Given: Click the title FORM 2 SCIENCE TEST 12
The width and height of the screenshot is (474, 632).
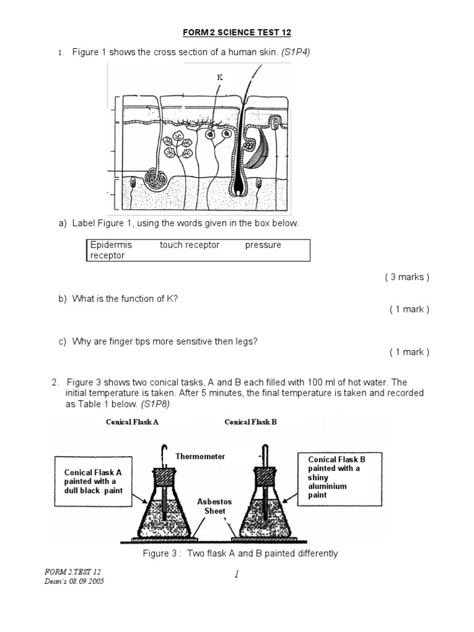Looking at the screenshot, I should [237, 32].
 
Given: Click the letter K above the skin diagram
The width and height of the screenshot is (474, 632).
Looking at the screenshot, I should [219, 77].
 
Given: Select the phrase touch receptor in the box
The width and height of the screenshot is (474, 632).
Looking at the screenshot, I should [189, 245].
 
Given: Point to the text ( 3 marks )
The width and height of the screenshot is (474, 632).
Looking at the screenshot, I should [407, 277].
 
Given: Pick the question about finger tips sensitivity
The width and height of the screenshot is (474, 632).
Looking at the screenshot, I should [164, 341].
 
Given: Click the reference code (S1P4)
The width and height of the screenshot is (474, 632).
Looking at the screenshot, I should [296, 52].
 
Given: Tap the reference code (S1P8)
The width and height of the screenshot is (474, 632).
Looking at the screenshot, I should [155, 404].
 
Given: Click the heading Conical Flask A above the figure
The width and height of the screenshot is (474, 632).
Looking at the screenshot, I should [132, 422].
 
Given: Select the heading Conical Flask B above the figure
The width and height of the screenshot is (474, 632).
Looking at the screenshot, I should [251, 422].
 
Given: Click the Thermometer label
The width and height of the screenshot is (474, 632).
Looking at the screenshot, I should [200, 457].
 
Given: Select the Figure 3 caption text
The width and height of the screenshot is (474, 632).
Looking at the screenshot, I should [240, 554].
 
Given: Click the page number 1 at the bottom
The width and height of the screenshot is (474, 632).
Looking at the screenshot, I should [236, 575].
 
